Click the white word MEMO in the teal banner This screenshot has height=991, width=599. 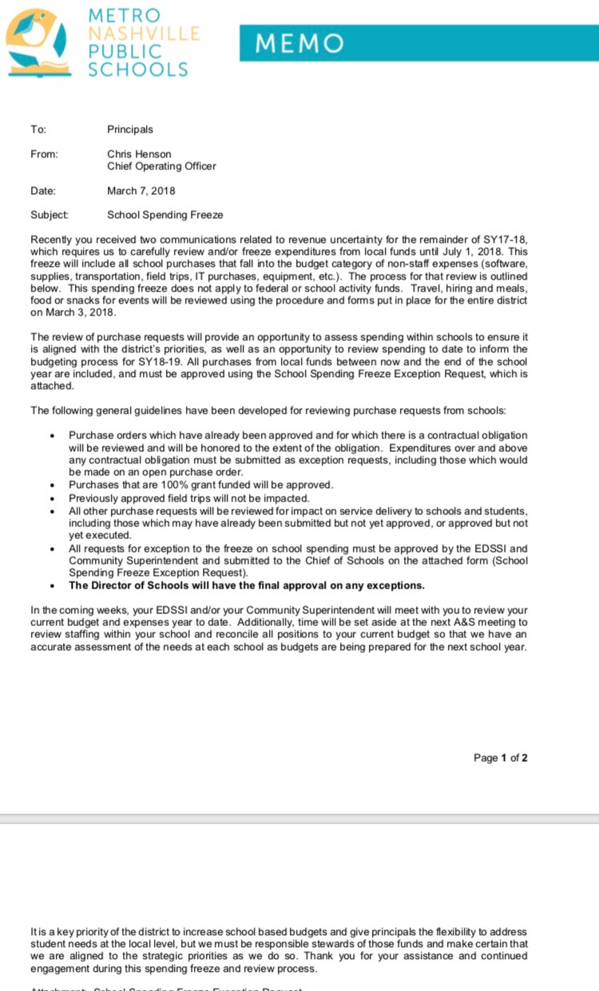tap(299, 44)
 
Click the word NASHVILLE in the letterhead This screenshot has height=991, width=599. tap(143, 34)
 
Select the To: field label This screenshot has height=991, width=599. tap(38, 129)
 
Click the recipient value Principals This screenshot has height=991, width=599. tap(130, 129)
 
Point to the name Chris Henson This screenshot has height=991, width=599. tap(139, 154)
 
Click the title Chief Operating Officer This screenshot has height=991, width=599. tap(161, 166)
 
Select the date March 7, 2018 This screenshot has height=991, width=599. tap(141, 191)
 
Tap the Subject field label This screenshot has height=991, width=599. tap(49, 215)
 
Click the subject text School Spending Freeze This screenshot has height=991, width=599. tap(165, 215)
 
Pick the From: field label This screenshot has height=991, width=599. tap(44, 154)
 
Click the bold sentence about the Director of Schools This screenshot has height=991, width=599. tap(246, 585)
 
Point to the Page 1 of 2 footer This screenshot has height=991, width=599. tap(501, 758)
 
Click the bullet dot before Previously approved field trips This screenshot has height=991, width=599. tap(52, 499)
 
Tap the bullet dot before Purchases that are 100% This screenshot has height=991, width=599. tap(52, 486)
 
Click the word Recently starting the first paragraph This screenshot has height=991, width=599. tap(53, 240)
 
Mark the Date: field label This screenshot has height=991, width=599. tap(43, 191)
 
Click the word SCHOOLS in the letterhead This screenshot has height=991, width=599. tap(137, 69)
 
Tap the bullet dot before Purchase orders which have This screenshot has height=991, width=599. tap(52, 436)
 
